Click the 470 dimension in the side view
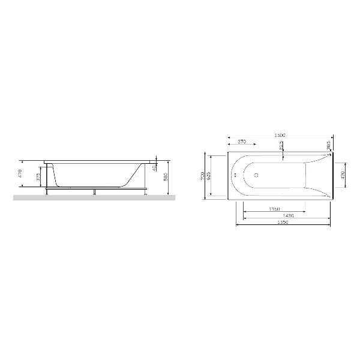tap(20, 174)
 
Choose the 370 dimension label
tap(241, 142)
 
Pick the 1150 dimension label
tap(274, 209)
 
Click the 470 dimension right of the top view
tap(343, 175)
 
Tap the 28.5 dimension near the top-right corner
tap(329, 145)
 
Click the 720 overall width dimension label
tap(202, 175)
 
